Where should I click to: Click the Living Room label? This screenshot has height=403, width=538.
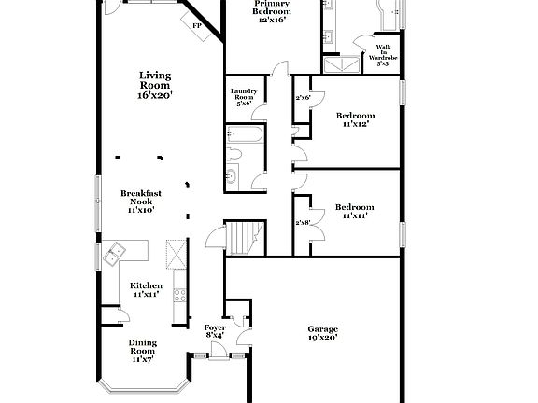point(155,85)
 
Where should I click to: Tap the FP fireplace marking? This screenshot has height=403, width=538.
point(197,26)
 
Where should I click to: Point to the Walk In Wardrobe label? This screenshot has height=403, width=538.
point(383,55)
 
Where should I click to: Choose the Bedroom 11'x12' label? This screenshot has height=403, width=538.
point(355,119)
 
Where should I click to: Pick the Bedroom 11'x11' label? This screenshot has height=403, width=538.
point(355,211)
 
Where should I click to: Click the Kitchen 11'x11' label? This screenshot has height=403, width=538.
point(146,289)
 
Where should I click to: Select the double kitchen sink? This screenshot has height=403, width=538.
point(118,253)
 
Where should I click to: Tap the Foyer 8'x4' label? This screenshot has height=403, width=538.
point(215,332)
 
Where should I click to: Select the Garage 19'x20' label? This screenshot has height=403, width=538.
point(323,333)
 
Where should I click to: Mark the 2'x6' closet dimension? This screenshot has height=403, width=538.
point(303,98)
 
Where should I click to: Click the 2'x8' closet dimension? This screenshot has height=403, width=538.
point(303,223)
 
